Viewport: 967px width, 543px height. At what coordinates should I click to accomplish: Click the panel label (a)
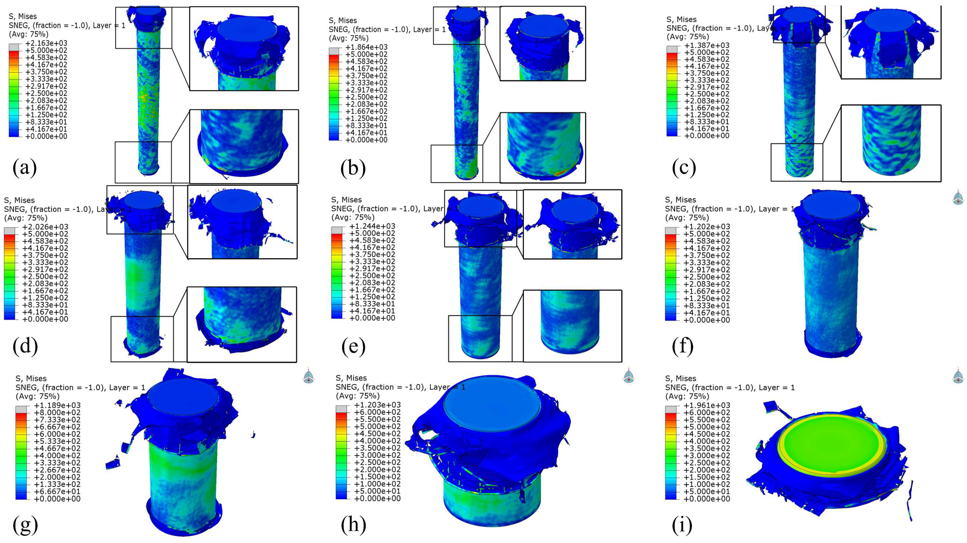coord(25,168)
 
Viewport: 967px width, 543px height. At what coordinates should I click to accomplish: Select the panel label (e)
coord(353,347)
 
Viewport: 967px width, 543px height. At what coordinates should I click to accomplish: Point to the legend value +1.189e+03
coord(57,405)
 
